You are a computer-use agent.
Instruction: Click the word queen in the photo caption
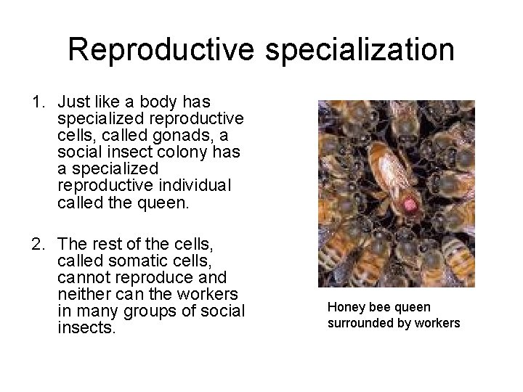click(x=413, y=308)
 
